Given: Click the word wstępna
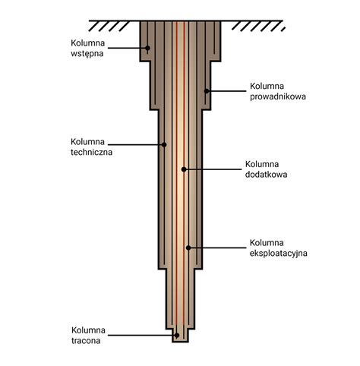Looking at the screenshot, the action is (87, 54).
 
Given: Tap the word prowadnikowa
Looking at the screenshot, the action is (278, 96).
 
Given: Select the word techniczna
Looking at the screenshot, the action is (91, 152).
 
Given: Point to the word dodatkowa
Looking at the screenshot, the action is (266, 175).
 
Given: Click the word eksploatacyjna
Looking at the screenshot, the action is (279, 253).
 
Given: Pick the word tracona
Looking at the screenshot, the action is (86, 341).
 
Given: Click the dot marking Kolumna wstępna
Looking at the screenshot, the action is (147, 48).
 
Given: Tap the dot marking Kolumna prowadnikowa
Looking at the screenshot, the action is (207, 91).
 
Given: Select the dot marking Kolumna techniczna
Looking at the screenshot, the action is (164, 144).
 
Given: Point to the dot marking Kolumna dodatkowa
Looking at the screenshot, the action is (184, 169).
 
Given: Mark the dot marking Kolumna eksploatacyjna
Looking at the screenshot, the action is (188, 248).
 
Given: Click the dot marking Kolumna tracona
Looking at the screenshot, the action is (177, 336).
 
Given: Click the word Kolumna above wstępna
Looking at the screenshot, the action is (88, 43).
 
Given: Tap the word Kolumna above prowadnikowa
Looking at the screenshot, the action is (267, 86).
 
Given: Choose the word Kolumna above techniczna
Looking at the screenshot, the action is (88, 142).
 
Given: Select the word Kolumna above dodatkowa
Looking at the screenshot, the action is (262, 164).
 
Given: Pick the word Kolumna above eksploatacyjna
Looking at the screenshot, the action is (267, 243).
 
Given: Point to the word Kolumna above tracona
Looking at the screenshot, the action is (88, 330).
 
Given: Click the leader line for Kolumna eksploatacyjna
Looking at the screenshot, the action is (217, 248).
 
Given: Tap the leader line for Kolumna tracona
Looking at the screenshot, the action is (142, 336).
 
